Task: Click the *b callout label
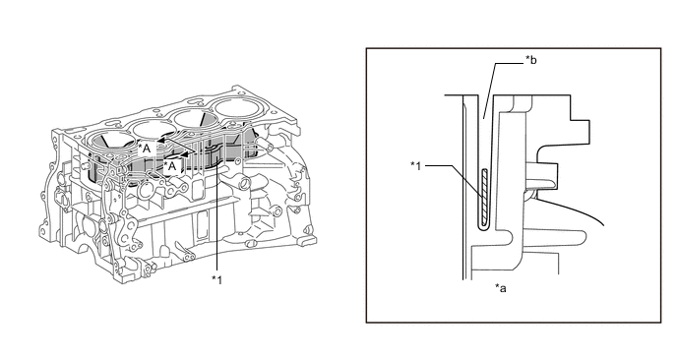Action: [x=530, y=60]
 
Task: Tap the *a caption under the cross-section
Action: [x=501, y=288]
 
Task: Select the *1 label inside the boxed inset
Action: [x=415, y=165]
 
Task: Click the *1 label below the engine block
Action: [x=216, y=280]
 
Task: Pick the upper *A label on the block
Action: [x=145, y=149]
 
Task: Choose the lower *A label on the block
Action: [x=170, y=166]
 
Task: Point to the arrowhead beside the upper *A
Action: [x=160, y=141]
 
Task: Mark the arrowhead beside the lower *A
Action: [x=185, y=154]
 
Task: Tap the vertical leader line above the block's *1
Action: [x=216, y=210]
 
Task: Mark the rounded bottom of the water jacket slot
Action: [x=485, y=231]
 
